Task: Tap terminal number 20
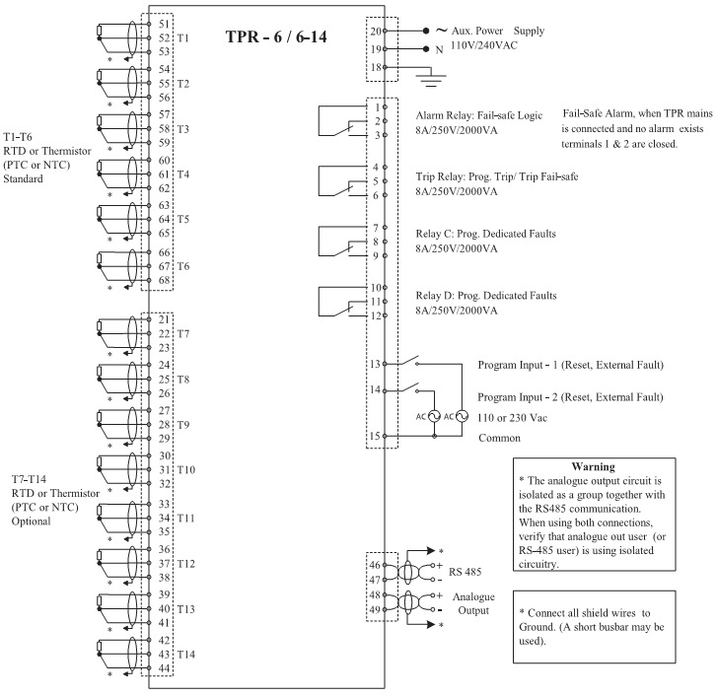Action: pyautogui.click(x=376, y=30)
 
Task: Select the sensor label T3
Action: pyautogui.click(x=183, y=129)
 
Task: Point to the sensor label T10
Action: pyautogui.click(x=186, y=470)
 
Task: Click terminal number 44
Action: pyautogui.click(x=164, y=668)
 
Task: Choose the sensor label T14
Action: pyautogui.click(x=186, y=655)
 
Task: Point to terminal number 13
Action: pyautogui.click(x=376, y=364)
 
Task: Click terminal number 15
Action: pyautogui.click(x=376, y=435)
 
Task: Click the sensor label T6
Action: pyautogui.click(x=183, y=266)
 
